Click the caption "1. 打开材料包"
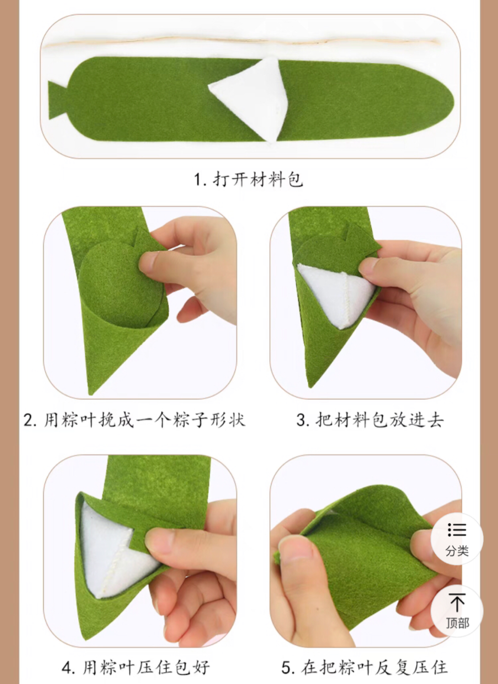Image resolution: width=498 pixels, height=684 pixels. tap(248, 179)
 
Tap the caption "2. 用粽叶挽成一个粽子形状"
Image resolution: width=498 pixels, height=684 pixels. tap(134, 420)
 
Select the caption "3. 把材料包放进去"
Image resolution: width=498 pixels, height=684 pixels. tap(370, 420)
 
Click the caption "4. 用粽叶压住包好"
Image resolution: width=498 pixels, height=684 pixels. tap(135, 667)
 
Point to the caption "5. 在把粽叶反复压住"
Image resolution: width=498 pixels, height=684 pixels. tap(365, 667)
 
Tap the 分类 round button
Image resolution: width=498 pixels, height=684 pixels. tap(457, 539)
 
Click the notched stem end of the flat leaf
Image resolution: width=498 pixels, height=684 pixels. tap(57, 100)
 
